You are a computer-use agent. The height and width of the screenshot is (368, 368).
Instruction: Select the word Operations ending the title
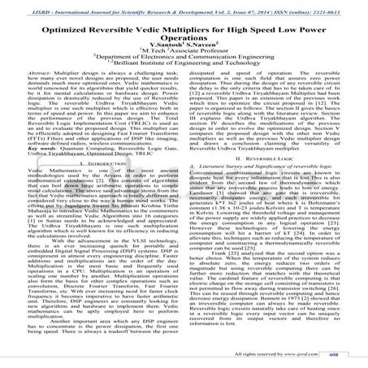184,37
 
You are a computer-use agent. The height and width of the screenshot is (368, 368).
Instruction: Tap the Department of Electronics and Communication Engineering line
184,66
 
